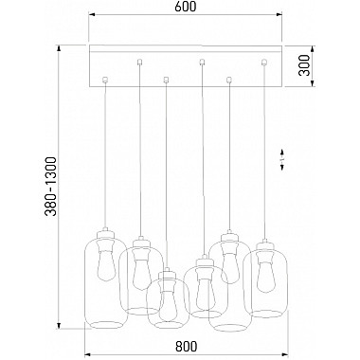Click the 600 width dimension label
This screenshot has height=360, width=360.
pos(186,7)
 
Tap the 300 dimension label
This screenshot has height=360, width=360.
pos(305,65)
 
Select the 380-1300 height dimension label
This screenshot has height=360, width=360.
pos(51,187)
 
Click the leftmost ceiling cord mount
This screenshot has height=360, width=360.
pos(105,80)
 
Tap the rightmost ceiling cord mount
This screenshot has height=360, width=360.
pos(263,63)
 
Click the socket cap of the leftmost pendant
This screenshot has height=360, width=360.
pos(106,235)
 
